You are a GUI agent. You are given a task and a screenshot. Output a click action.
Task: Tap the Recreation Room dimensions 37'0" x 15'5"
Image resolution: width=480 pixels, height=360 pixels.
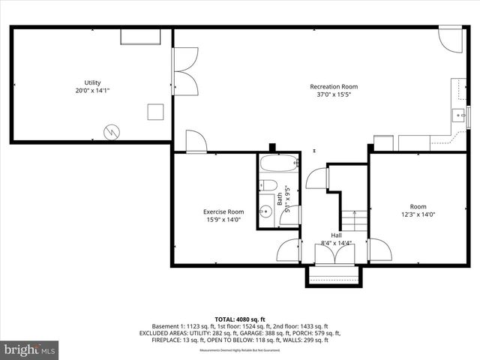[334, 95]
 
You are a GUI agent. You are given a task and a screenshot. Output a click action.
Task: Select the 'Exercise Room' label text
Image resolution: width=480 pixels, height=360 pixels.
[224, 211]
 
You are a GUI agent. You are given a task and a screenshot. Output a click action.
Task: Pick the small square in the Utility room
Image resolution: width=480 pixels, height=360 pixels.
[155, 112]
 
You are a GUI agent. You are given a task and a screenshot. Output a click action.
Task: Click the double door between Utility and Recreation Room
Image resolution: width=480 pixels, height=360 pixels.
[184, 72]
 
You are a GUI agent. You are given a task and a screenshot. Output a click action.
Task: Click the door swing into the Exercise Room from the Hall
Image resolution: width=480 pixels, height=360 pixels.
[289, 250]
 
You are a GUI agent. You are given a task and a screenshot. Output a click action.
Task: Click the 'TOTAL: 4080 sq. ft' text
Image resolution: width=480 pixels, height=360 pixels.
[239, 318]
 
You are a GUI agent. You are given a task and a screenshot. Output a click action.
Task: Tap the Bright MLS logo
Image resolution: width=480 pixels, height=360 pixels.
[30, 349]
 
